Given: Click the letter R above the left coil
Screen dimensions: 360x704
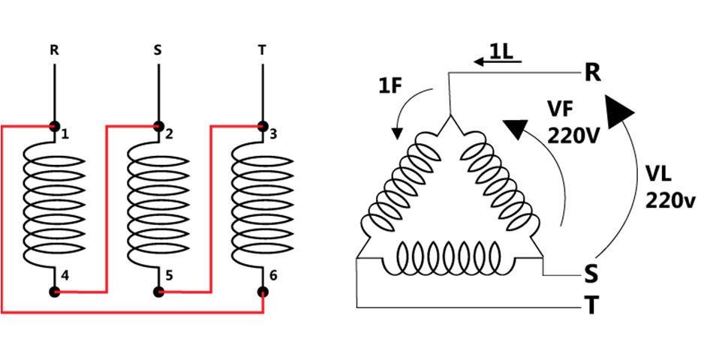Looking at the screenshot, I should tap(53, 52).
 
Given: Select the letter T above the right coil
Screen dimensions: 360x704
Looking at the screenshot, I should tap(262, 52).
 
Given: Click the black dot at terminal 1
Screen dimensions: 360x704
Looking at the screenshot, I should tap(54, 126).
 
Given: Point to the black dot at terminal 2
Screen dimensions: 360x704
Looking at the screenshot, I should tap(158, 126).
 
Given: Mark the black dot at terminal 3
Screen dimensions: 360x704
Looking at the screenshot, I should tap(263, 126).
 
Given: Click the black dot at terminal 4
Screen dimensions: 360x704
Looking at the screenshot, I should tap(54, 291).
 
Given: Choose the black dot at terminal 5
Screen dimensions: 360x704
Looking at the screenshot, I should tap(158, 291).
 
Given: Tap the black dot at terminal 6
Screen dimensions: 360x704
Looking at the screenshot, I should tap(263, 291).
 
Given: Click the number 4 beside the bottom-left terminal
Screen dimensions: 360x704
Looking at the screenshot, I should tap(67, 276).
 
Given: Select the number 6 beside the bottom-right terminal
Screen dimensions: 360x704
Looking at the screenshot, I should tap(273, 276).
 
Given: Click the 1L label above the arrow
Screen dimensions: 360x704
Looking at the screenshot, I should tap(501, 51).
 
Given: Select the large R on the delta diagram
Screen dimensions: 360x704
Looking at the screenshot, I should tap(592, 73).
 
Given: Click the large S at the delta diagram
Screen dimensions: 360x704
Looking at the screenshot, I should tap(591, 274).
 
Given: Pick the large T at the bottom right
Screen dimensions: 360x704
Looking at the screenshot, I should tap(591, 307).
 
